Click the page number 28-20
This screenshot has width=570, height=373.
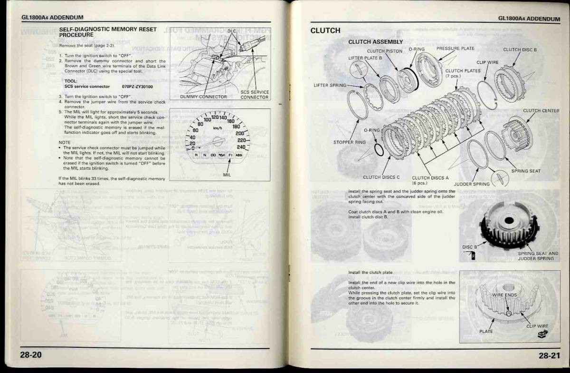point(31,354)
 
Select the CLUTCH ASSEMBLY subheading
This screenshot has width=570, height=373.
point(375,42)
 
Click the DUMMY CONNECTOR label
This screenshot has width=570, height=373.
point(203,97)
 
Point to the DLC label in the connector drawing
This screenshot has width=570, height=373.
point(231,31)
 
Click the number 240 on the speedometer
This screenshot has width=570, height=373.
point(242,147)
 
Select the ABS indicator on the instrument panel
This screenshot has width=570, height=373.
point(239,155)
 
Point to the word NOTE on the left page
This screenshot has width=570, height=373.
point(64,142)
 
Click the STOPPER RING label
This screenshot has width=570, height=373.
point(349,142)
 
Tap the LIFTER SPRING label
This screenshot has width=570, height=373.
point(330,86)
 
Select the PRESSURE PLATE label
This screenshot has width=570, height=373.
point(455,49)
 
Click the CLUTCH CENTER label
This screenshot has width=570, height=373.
point(541,111)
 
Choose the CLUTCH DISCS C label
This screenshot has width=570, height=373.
point(378,177)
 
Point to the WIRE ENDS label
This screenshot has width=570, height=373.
point(504,295)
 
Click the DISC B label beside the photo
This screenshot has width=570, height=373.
point(469,247)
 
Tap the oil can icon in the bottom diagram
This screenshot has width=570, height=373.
point(542,335)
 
